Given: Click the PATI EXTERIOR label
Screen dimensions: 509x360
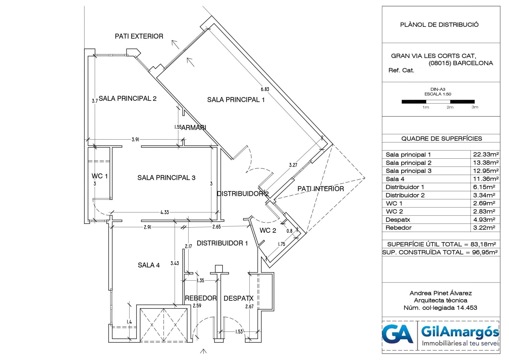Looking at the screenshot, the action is (x=139, y=36).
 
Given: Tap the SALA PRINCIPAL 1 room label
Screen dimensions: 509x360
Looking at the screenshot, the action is (x=236, y=100).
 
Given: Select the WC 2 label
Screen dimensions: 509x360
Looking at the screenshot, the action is (x=268, y=231).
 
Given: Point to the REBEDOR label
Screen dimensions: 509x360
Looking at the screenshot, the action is (x=201, y=298).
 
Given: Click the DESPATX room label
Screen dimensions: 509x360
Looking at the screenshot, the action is (x=239, y=298).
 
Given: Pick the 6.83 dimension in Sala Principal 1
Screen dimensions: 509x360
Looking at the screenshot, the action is (x=265, y=89).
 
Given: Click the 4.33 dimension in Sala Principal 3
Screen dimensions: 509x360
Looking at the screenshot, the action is (x=165, y=212).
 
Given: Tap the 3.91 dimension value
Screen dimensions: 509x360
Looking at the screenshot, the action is (x=135, y=140).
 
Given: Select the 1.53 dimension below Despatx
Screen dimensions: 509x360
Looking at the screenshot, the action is (x=239, y=332).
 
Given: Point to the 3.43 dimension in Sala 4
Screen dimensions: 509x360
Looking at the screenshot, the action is (x=175, y=263).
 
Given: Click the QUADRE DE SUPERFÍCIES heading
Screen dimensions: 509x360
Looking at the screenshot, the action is (x=442, y=138).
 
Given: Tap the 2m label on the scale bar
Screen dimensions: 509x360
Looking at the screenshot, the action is (x=450, y=107).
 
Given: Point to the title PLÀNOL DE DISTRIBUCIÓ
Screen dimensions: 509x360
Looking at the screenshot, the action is (x=439, y=25).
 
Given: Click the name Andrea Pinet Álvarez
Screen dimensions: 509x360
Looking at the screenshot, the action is (x=441, y=293).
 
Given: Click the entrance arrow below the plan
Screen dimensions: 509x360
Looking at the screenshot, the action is (x=203, y=352).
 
